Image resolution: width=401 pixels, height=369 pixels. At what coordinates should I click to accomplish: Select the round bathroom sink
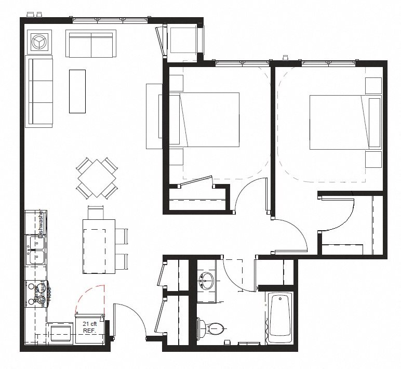pyautogui.click(x=207, y=281)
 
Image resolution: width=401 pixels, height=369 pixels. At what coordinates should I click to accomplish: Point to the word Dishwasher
pyautogui.click(x=40, y=223)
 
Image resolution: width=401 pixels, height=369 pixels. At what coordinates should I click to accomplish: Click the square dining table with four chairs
pyautogui.click(x=97, y=177)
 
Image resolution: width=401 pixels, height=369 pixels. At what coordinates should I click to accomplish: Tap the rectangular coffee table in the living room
pyautogui.click(x=77, y=91)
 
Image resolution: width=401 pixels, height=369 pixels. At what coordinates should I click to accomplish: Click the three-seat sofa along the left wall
pyautogui.click(x=40, y=92)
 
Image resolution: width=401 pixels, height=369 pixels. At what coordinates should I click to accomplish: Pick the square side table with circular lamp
pyautogui.click(x=39, y=42)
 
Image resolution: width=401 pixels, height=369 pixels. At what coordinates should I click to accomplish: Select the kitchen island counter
pyautogui.click(x=99, y=246)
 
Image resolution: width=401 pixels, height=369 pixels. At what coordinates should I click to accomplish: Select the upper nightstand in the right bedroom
pyautogui.click(x=373, y=85)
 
